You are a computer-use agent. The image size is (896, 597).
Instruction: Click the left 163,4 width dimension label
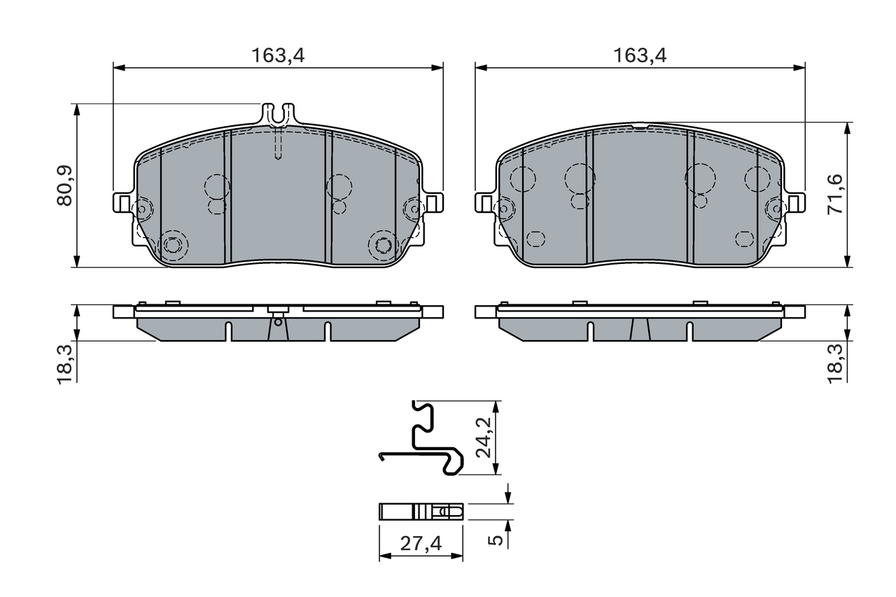tap(278, 56)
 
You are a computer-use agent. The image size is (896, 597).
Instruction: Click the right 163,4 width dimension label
tap(640, 56)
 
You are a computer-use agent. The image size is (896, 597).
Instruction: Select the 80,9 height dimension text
tap(65, 186)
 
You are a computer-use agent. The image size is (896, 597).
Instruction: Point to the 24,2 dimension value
tap(483, 438)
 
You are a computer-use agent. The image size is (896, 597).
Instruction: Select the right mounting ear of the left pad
tap(433, 203)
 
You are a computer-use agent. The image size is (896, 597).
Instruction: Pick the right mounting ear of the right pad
tap(795, 203)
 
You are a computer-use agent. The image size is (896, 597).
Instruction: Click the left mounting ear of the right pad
tap(484, 203)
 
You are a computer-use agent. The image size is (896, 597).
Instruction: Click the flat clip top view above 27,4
tap(421, 512)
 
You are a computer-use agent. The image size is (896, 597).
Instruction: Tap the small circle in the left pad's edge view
tap(278, 322)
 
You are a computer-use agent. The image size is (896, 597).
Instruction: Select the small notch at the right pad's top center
tap(640, 127)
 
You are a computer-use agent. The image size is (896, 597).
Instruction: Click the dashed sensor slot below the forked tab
tap(278, 146)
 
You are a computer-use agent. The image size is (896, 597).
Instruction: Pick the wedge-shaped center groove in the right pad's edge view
tap(640, 330)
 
